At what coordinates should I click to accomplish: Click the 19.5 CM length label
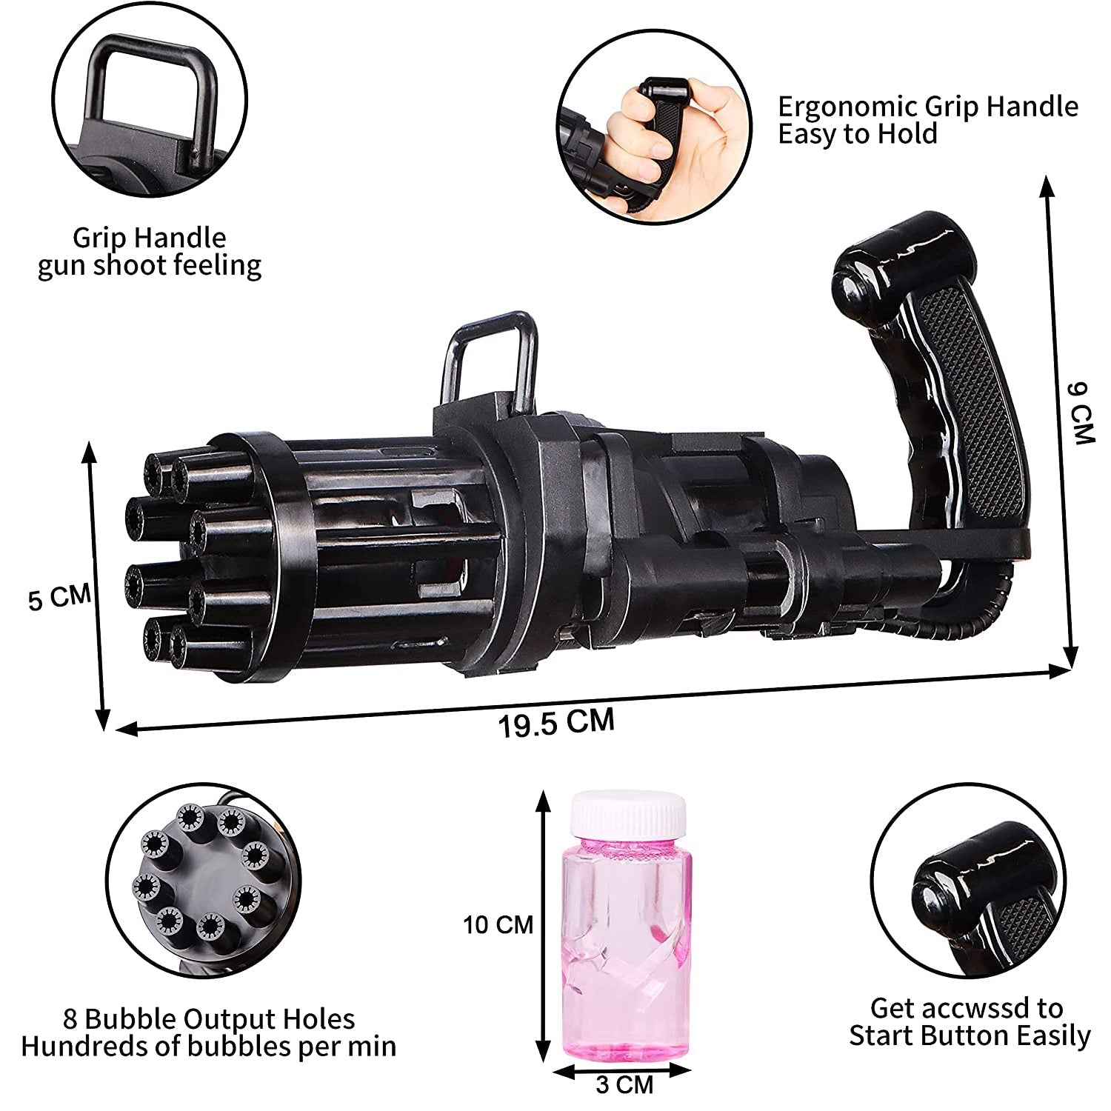(556, 723)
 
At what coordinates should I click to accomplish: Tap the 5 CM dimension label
(59, 597)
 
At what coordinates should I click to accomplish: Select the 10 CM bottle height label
(498, 924)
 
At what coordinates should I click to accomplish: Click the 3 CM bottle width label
(624, 1085)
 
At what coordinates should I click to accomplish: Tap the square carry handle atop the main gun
(492, 356)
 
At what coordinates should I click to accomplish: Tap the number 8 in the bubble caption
(70, 1019)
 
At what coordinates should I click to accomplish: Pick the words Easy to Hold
(857, 134)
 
